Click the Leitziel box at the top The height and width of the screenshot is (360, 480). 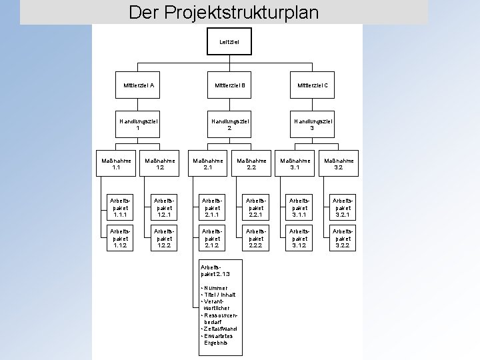(229, 42)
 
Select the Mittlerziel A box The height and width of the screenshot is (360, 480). (139, 85)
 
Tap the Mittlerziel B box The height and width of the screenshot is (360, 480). (229, 85)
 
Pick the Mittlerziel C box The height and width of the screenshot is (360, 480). (312, 85)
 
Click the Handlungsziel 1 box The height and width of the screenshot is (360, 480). (139, 123)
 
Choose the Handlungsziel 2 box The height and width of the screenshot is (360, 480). (229, 123)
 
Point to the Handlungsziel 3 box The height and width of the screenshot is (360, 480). (312, 123)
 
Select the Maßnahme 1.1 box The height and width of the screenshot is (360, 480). (116, 163)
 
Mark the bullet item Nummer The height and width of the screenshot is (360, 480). (215, 287)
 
